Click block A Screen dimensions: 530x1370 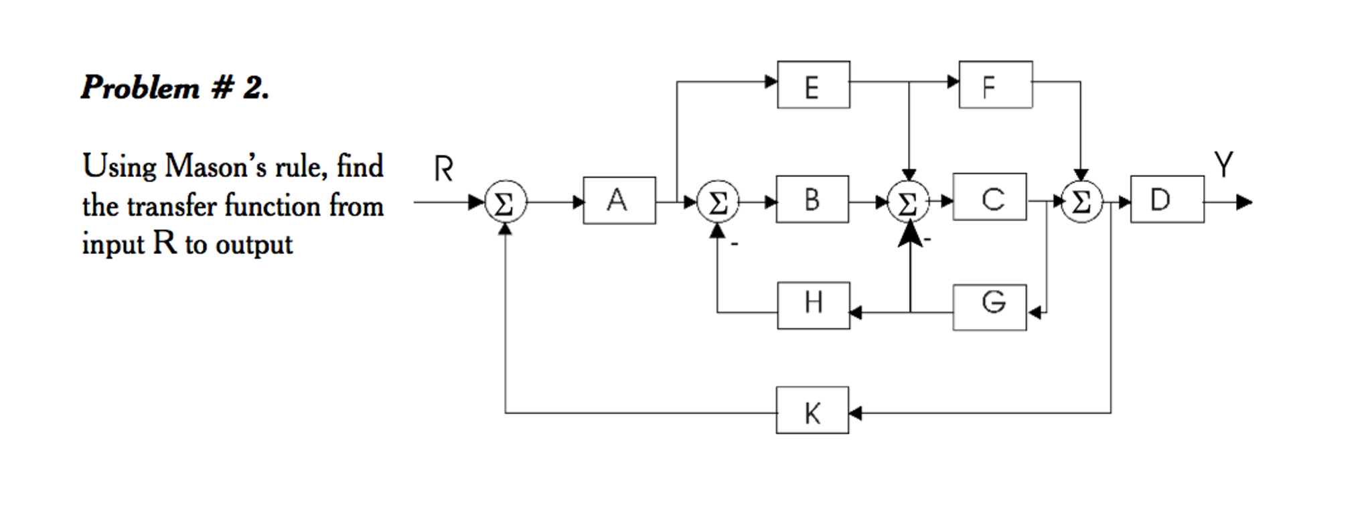(619, 200)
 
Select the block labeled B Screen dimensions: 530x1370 (812, 199)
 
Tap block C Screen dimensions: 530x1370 (989, 197)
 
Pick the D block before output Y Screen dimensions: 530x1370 (1166, 199)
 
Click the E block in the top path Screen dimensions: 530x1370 (813, 85)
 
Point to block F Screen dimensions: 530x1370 (995, 85)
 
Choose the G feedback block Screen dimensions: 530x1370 (989, 307)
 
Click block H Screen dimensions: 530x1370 (813, 306)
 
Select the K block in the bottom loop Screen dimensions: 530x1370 (812, 410)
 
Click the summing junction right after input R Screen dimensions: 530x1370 (505, 202)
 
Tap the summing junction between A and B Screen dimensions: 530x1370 (717, 202)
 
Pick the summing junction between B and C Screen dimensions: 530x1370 (908, 202)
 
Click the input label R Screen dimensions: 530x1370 (443, 169)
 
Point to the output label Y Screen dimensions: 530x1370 (1223, 164)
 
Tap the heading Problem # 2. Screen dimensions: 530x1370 (175, 88)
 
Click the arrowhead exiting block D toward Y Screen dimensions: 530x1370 (1244, 202)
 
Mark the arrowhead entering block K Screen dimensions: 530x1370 (855, 413)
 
